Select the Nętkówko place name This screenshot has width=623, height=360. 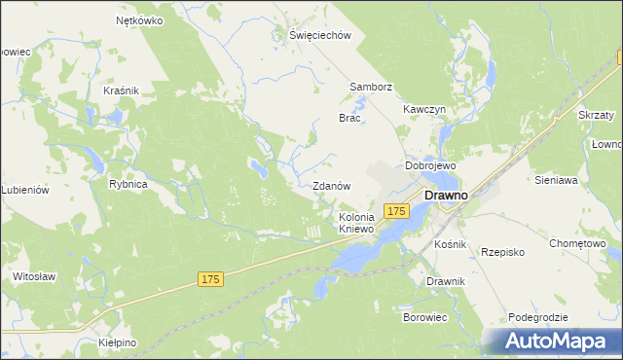coord(137,19)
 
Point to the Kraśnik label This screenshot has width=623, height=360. coord(122,90)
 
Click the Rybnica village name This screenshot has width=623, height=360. coord(128,184)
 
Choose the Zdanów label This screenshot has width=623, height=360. coord(331,185)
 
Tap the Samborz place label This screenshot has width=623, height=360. coord(371,87)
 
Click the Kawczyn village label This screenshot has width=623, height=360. coord(424,110)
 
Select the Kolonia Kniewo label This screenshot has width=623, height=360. coord(356,223)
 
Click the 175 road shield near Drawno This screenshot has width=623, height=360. coord(395,211)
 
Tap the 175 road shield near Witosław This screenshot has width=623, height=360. coord(211,279)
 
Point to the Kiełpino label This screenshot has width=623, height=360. coord(118,343)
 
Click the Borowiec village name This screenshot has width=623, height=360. coord(424,317)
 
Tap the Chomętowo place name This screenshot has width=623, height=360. coord(577,243)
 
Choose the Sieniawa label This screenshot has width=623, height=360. coord(557,180)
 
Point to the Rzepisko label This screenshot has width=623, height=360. coord(503,252)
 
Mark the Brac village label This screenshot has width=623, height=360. coord(349,118)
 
